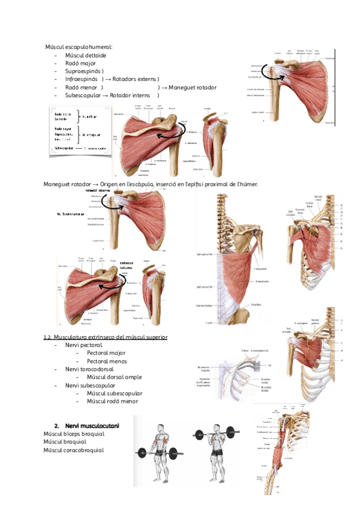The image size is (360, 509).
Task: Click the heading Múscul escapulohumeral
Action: pos(79,47)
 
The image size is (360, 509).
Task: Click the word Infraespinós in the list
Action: pos(82,79)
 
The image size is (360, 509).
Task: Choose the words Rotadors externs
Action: pos(136,79)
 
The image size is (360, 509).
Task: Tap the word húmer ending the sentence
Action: pos(248,184)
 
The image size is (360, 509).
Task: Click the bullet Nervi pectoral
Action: pos(83,345)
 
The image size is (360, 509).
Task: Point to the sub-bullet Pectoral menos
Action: pos(108,361)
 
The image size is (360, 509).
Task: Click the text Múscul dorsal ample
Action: pos(114,377)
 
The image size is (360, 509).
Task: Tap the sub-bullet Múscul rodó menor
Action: pos(112,400)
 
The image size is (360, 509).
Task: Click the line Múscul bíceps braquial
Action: pos(74,433)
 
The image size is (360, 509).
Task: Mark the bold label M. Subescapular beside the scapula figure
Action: pos(71,213)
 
